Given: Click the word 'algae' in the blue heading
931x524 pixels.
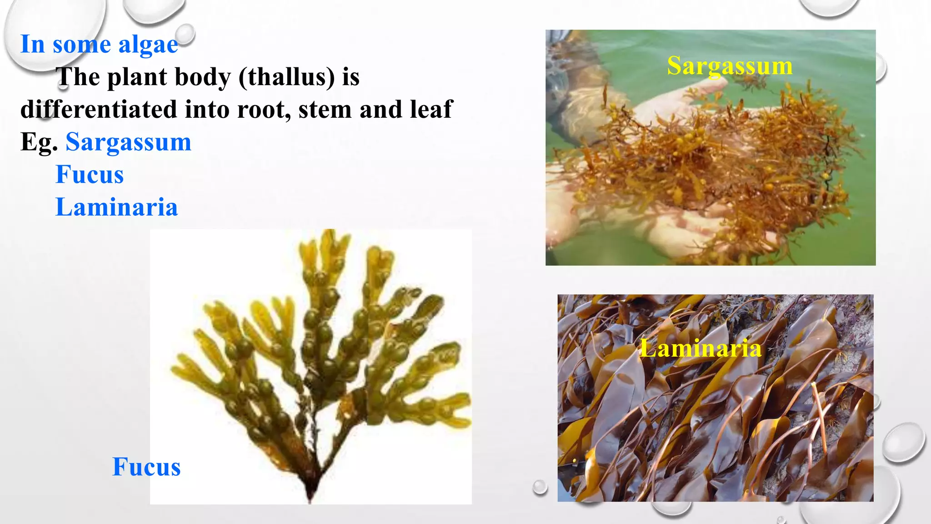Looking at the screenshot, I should click(x=148, y=45).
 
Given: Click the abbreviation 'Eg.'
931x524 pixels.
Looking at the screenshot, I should click(x=39, y=142).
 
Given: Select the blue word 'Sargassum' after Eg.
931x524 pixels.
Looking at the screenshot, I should click(x=128, y=142).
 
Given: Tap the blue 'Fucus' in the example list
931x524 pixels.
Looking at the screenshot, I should click(x=90, y=175).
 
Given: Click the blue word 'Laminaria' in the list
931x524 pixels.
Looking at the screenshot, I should click(x=116, y=207).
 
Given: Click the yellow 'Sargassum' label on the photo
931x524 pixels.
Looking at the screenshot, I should click(x=730, y=66).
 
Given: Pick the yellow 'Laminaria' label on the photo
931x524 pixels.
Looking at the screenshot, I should click(x=701, y=349).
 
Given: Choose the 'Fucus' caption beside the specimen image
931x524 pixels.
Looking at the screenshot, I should click(x=146, y=467).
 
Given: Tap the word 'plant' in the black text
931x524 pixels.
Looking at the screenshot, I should click(x=137, y=77).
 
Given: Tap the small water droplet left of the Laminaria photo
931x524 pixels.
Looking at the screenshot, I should click(x=540, y=487).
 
